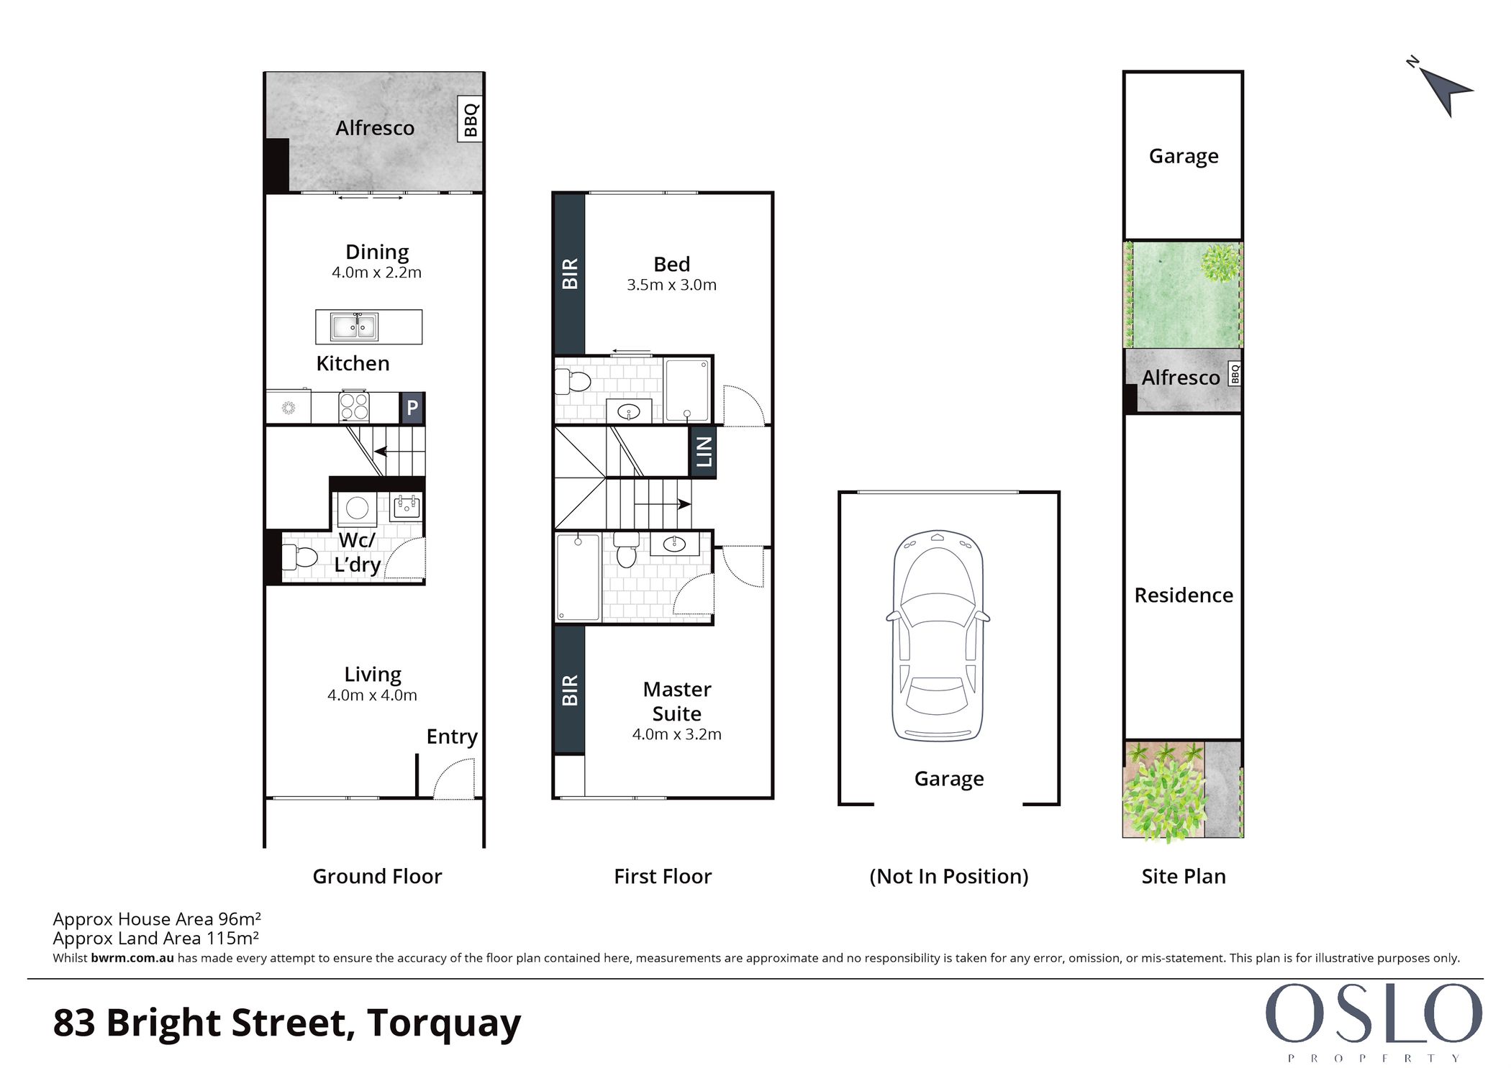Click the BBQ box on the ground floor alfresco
[x=470, y=119]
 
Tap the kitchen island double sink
[x=354, y=327]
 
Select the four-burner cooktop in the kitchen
[x=354, y=406]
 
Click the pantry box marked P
[x=412, y=408]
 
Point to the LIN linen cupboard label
[x=703, y=452]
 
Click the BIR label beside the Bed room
[x=569, y=273]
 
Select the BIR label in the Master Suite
[x=569, y=690]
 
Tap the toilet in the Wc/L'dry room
[x=300, y=557]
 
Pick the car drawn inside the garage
[x=938, y=636]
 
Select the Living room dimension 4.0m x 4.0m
[x=372, y=695]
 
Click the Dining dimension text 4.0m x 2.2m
[x=376, y=273]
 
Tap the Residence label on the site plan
[x=1184, y=595]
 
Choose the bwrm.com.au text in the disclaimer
[x=132, y=958]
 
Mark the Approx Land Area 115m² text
[x=156, y=938]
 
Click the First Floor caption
[x=663, y=876]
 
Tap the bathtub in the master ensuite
[x=578, y=577]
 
